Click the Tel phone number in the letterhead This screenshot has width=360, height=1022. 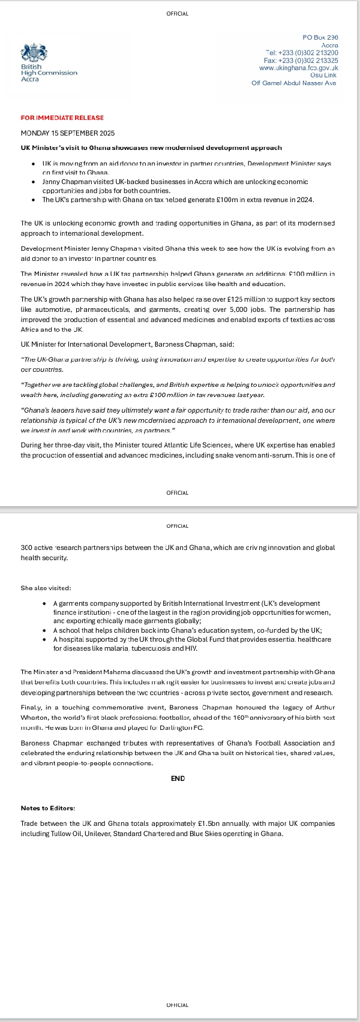[x=301, y=53]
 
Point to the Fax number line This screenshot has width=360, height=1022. [x=301, y=61]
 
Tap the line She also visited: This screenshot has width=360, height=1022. [x=46, y=588]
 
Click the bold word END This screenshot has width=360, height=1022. [x=178, y=778]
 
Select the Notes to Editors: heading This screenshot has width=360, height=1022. [x=47, y=808]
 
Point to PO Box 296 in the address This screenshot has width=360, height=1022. [x=320, y=37]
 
